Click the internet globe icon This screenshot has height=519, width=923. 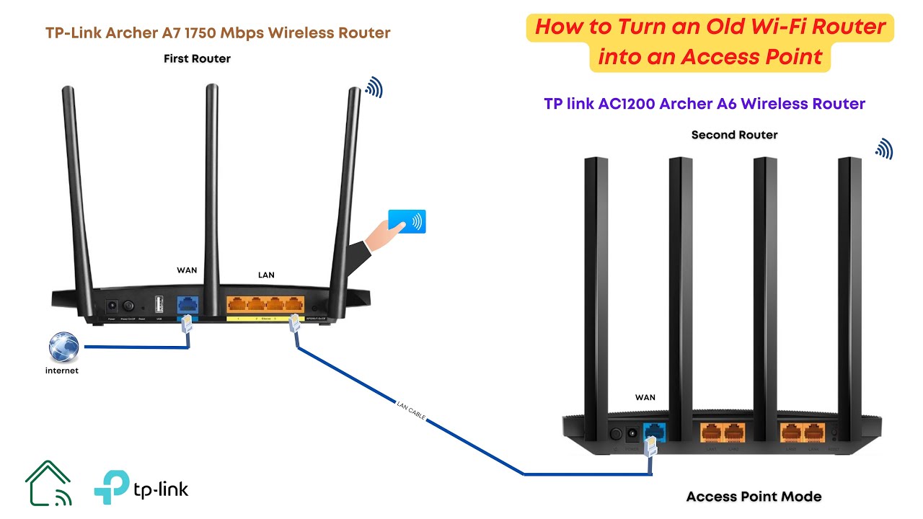click(x=63, y=347)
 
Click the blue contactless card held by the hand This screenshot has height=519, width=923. click(x=407, y=221)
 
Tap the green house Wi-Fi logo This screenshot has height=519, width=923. click(x=48, y=483)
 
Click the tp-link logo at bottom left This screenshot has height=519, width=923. click(x=141, y=487)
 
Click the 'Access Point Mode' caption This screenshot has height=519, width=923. click(x=754, y=496)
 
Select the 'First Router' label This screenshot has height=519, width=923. click(x=197, y=58)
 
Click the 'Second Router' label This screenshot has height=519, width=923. click(x=734, y=135)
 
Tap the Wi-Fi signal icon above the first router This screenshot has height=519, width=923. click(x=374, y=88)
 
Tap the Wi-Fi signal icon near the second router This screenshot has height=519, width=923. click(x=884, y=149)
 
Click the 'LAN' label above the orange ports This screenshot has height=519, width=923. click(x=266, y=275)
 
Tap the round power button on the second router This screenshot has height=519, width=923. click(x=617, y=434)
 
